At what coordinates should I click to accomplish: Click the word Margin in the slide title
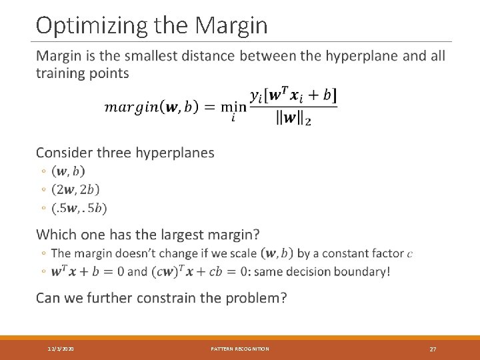coord(232,25)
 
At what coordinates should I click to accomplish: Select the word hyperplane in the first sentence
coord(361,56)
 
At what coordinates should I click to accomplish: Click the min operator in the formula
coord(233,108)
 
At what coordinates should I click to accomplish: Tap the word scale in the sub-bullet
coord(243,253)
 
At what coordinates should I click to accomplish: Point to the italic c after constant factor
coord(409,254)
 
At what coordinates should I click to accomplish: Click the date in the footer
coord(61,349)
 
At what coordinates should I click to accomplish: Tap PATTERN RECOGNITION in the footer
coord(240,349)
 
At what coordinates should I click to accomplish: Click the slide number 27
coord(433,349)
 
